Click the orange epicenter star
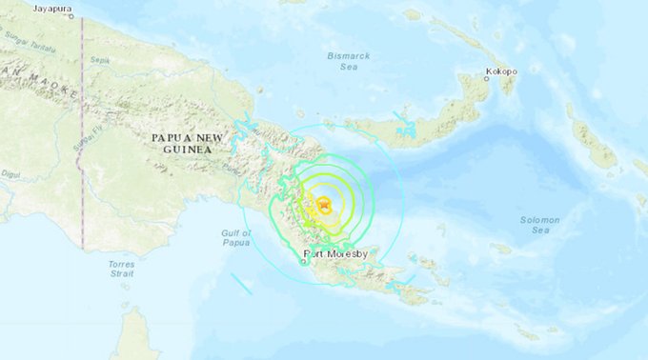[324, 202]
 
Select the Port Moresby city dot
[305, 262]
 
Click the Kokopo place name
[501, 70]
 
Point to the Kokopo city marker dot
[486, 79]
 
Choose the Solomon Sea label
[539, 225]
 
